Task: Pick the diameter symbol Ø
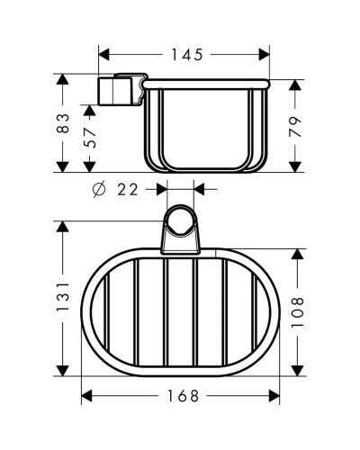(x=100, y=190)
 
